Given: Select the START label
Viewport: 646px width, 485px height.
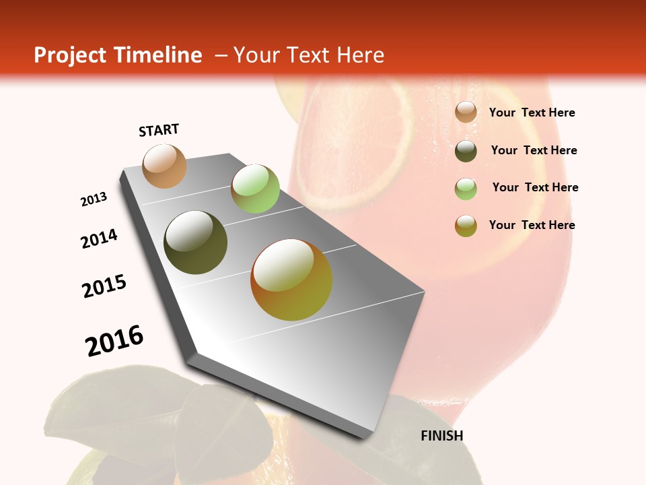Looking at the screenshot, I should point(159,130).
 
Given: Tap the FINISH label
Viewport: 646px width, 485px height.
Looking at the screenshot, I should point(442,436).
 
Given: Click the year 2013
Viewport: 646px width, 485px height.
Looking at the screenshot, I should point(94,199).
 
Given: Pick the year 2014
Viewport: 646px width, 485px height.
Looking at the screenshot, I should point(100,238).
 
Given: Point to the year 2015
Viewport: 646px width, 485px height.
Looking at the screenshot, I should point(104,286).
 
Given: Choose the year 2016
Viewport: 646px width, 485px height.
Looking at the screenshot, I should point(114,340).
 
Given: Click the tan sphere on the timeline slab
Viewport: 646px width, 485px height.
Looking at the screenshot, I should point(164,166).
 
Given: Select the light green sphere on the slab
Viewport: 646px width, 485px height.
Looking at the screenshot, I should point(255,189).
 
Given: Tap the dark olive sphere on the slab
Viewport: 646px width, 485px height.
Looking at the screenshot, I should point(196,243).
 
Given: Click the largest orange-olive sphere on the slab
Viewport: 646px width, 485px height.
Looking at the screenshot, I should point(291,280).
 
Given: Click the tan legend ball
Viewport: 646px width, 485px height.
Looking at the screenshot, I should point(466,112).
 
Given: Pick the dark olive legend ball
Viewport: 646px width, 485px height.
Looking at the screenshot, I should point(466,151).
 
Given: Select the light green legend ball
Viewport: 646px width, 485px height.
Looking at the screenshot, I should point(466,189).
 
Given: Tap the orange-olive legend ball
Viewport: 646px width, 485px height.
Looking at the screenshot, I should point(466,226).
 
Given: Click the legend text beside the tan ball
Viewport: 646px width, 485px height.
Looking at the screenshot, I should point(532,112).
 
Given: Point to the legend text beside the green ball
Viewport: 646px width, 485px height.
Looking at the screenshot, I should point(535,187).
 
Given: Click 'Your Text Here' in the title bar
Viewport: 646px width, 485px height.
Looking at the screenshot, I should point(309,55).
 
